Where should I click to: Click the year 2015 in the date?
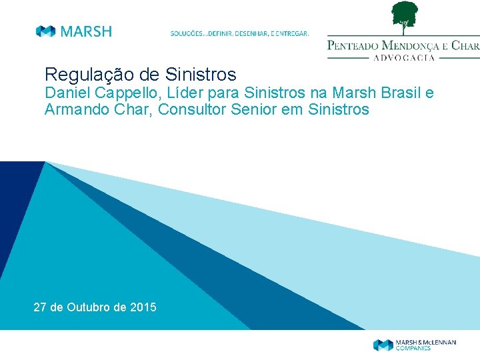point(144,307)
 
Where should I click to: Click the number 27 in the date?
point(40,307)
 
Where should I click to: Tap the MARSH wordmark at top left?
point(86,31)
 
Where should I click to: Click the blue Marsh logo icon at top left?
point(45,31)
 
